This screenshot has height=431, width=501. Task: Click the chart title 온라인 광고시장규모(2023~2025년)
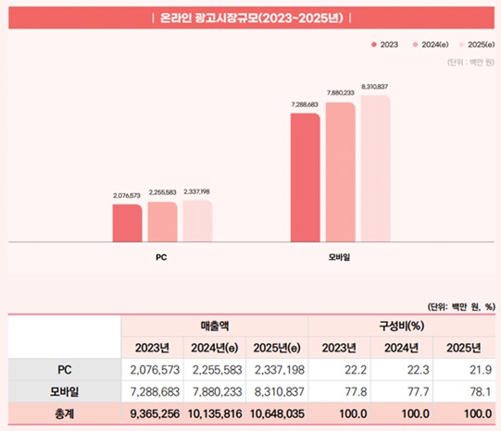pos(250,18)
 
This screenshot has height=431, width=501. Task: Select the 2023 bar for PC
pos(127,223)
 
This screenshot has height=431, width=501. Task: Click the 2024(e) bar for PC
pos(162,222)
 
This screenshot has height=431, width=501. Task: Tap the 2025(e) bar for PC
pos(196,221)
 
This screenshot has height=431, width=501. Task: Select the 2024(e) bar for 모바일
pos(340,172)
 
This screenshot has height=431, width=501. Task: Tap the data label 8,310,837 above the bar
pos(375,86)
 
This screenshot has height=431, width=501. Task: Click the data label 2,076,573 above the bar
pos(127,196)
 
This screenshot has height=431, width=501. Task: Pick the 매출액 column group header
pos(214,326)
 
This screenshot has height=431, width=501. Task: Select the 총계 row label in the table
pos(64,413)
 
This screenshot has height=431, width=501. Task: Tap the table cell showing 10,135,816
pos(214,413)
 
